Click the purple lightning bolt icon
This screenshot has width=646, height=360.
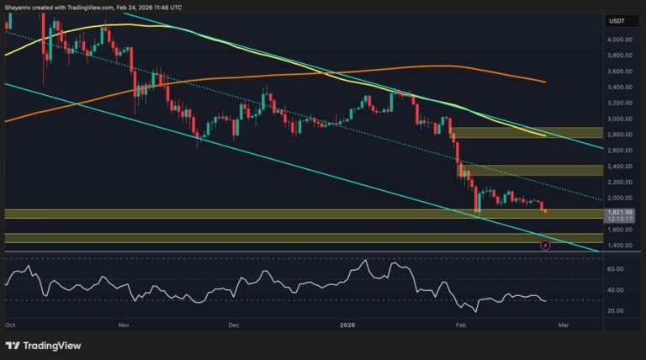(544, 245)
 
